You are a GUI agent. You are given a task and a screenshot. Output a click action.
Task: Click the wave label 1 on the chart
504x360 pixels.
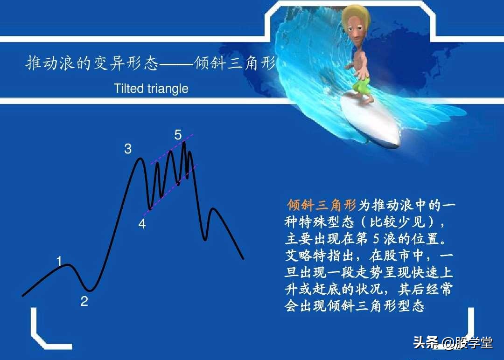coord(59,261)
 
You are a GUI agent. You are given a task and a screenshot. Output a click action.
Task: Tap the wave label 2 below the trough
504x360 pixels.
coord(84,302)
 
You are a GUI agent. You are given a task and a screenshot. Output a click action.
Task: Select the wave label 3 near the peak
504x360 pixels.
coord(127,149)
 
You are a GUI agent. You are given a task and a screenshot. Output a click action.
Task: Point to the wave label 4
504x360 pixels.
coord(142,224)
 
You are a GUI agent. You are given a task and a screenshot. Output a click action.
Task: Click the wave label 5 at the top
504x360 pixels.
coord(178,135)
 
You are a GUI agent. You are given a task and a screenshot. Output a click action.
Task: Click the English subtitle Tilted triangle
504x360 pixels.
coord(151,89)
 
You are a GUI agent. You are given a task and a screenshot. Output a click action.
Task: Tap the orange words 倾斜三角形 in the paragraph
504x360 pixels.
coord(322,205)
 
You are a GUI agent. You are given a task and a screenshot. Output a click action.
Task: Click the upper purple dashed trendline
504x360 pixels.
coord(163,154)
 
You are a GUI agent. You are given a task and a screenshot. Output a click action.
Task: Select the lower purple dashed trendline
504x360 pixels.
coord(163,195)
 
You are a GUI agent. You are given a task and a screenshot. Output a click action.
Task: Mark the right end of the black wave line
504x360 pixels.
coord(243,258)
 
